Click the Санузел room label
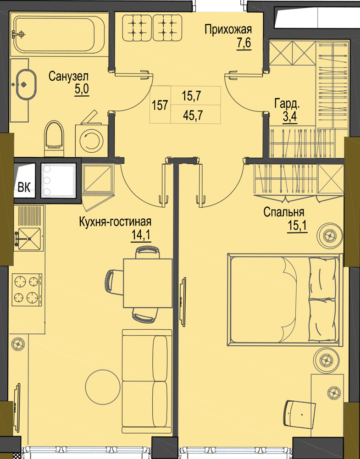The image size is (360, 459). pos(68,77)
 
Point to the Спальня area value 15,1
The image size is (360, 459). pos(297,227)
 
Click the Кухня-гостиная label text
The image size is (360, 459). pos(115,222)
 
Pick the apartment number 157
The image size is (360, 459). pos(160,105)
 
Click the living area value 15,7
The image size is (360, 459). pos(192,96)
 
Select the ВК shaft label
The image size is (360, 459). pos(24,187)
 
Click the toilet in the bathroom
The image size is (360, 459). pos(54,138)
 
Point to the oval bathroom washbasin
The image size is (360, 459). pos(26,84)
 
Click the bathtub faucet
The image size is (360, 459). pos(19,34)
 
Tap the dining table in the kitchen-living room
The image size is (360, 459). pos(148,283)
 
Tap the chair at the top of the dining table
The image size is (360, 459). pos(148,252)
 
